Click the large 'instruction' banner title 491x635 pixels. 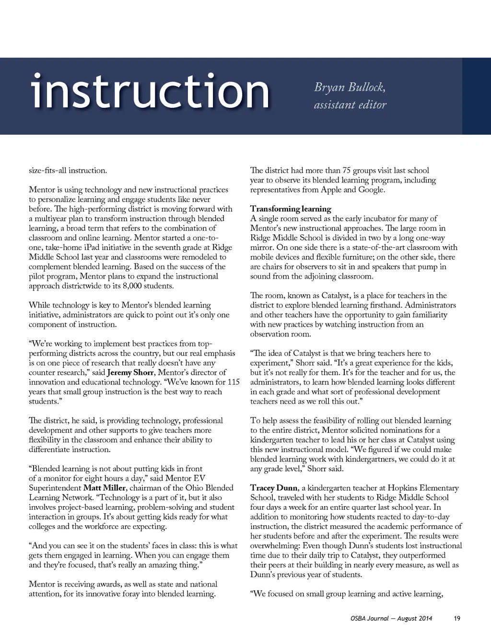tap(150, 91)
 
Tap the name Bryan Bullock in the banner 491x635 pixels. tap(350, 87)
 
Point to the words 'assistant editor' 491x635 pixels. tap(350, 105)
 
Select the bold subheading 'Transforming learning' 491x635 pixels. tap(291, 209)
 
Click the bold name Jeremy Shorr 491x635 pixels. tap(130, 372)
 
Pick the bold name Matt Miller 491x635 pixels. tap(105, 488)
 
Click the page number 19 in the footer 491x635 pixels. tap(457, 618)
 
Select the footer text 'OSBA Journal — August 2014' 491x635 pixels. tap(391, 618)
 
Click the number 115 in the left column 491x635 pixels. tap(234, 382)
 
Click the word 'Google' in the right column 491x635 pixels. tap(371, 190)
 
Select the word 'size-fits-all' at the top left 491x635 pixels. tap(47, 171)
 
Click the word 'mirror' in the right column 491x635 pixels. tap(262, 247)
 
